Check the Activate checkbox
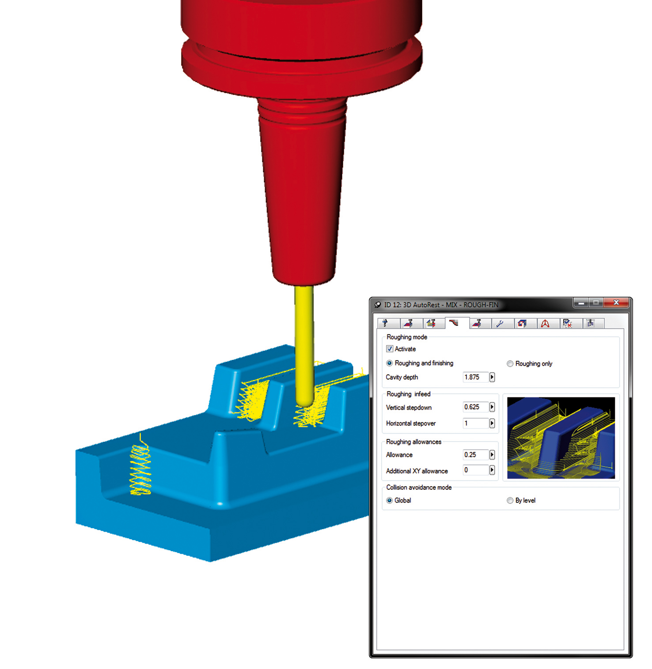(390, 349)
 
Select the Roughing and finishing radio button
(389, 363)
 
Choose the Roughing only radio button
(510, 364)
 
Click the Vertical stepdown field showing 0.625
(475, 407)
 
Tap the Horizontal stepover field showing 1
(475, 423)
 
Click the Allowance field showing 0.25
(475, 455)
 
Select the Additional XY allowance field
(475, 470)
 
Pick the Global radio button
(389, 500)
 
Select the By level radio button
(510, 500)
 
